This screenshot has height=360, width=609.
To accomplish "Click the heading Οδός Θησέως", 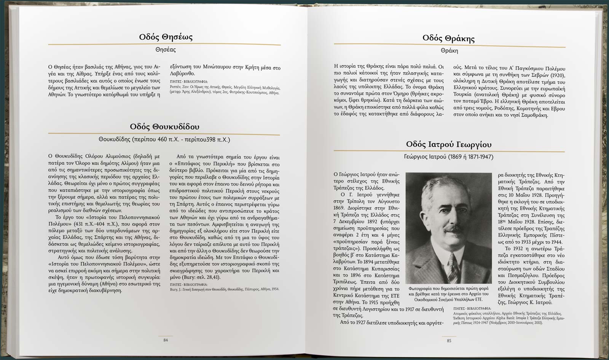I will click(166, 37).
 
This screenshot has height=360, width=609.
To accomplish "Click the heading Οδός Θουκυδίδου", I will click(164, 126).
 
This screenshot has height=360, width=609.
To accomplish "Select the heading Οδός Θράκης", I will click(448, 38).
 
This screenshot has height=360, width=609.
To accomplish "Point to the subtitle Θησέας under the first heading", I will click(166, 49).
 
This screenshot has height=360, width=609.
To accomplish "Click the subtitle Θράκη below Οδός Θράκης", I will click(449, 51).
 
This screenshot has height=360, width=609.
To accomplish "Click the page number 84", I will click(166, 340).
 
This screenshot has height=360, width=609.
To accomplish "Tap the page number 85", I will click(449, 341).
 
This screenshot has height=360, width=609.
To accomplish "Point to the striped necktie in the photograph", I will click(453, 266).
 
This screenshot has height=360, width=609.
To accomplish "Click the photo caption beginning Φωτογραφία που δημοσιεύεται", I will click(448, 294).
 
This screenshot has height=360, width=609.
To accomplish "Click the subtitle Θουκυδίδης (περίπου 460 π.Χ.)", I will click(164, 140).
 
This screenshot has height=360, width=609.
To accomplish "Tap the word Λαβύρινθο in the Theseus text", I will click(182, 73).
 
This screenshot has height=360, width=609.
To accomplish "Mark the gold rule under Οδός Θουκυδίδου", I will click(164, 134).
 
